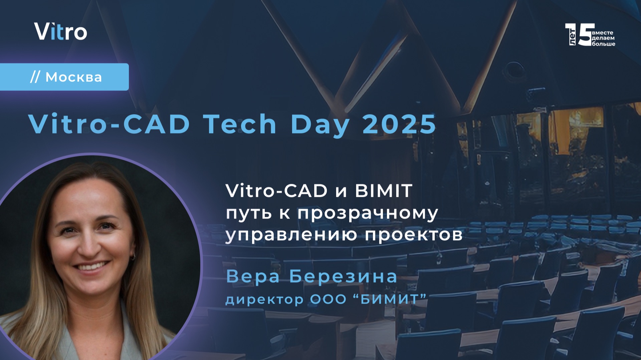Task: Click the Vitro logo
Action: coord(60,32)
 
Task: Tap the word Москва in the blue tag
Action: coord(73,77)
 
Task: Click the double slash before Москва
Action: coord(35,77)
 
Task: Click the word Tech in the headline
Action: coord(240,124)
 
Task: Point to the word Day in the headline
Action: coord(320,125)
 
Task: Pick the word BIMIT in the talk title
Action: coord(384,191)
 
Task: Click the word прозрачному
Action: coord(368,214)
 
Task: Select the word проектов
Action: coord(414,235)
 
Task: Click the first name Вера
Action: coord(253,277)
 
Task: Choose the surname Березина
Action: coord(343,277)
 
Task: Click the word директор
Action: coord(264,300)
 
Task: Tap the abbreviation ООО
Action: coord(328,299)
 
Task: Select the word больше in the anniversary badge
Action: coord(603,44)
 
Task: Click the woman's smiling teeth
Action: coord(91,267)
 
